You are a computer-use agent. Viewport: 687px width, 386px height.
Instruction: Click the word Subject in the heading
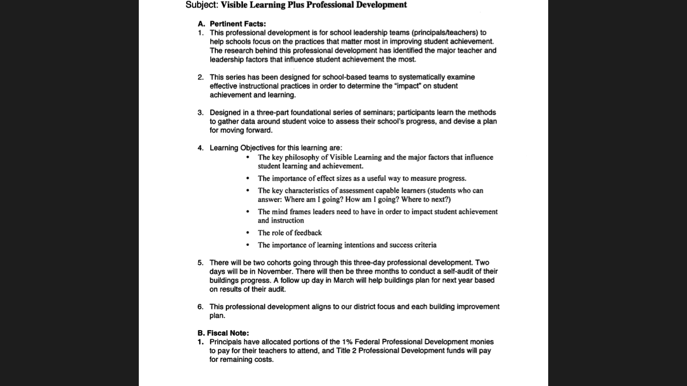[x=201, y=5]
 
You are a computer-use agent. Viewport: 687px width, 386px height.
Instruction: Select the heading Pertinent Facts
[x=237, y=24]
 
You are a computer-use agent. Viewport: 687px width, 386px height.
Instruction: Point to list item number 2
[x=200, y=77]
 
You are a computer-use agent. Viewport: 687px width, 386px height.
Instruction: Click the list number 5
[x=200, y=262]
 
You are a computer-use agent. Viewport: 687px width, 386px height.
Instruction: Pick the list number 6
[x=200, y=307]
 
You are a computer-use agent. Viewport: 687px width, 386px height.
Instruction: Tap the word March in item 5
[x=343, y=280]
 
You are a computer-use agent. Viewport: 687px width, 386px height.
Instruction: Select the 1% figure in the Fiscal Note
[x=347, y=342]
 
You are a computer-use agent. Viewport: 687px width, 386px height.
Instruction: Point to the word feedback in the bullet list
[x=308, y=233]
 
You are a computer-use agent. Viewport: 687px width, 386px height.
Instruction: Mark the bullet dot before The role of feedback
[x=247, y=233]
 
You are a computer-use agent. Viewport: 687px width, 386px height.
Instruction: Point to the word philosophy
[x=302, y=157]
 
